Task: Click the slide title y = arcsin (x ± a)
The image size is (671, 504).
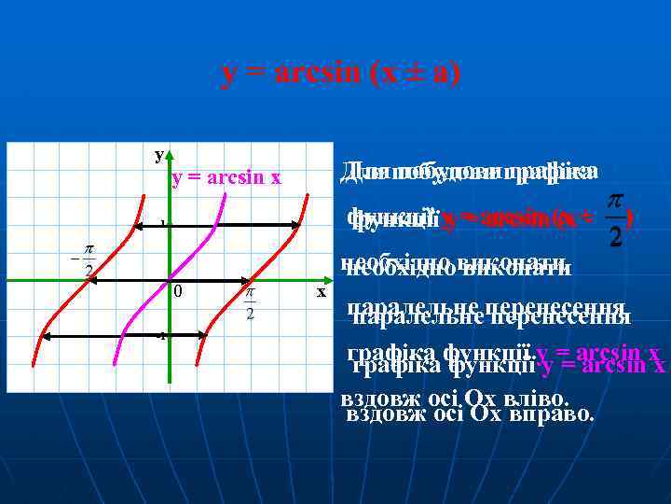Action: pos(340,73)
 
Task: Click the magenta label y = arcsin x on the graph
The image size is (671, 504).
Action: pos(226,178)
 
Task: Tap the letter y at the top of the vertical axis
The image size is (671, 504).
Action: pos(159,154)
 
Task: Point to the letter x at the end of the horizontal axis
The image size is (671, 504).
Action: pos(321,292)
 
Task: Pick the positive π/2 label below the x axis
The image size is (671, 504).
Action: pos(250,303)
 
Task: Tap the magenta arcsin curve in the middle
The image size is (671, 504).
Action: pos(169,280)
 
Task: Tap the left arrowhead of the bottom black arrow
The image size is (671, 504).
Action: pos(45,335)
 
